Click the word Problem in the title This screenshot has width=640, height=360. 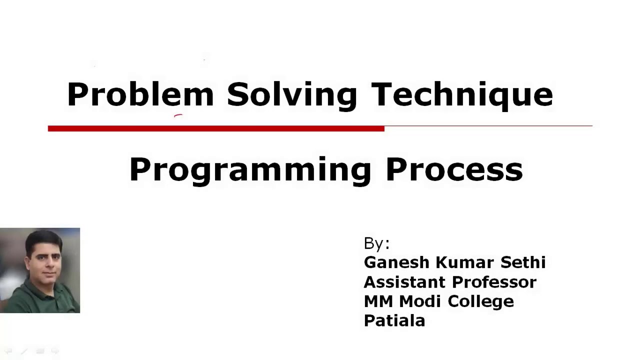[x=140, y=94]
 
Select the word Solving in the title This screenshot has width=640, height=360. [x=292, y=95]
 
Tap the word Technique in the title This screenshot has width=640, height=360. [x=461, y=95]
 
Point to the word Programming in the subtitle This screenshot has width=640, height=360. [x=250, y=170]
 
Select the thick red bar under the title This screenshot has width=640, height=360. [x=216, y=128]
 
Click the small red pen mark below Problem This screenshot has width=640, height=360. [x=178, y=115]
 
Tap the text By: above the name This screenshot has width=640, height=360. [x=376, y=243]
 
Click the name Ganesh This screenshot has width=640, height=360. [x=396, y=262]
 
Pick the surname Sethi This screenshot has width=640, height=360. [x=523, y=262]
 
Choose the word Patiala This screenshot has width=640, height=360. [x=394, y=320]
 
